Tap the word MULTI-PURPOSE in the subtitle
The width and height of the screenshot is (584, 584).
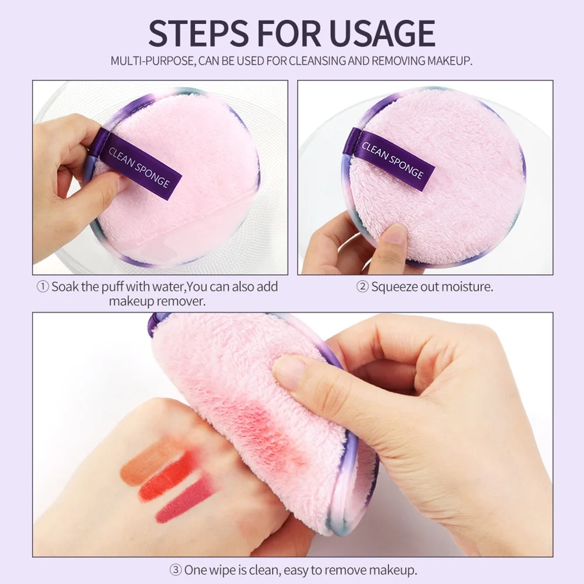point(152,61)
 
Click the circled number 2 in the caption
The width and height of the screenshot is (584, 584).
point(363,287)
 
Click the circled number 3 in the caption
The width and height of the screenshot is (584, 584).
point(175,569)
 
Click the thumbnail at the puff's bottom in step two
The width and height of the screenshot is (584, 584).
point(396,235)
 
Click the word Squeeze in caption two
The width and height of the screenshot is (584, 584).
point(395,287)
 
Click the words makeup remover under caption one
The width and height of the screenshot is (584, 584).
point(157,302)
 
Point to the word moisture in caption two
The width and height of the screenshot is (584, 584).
point(467,287)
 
